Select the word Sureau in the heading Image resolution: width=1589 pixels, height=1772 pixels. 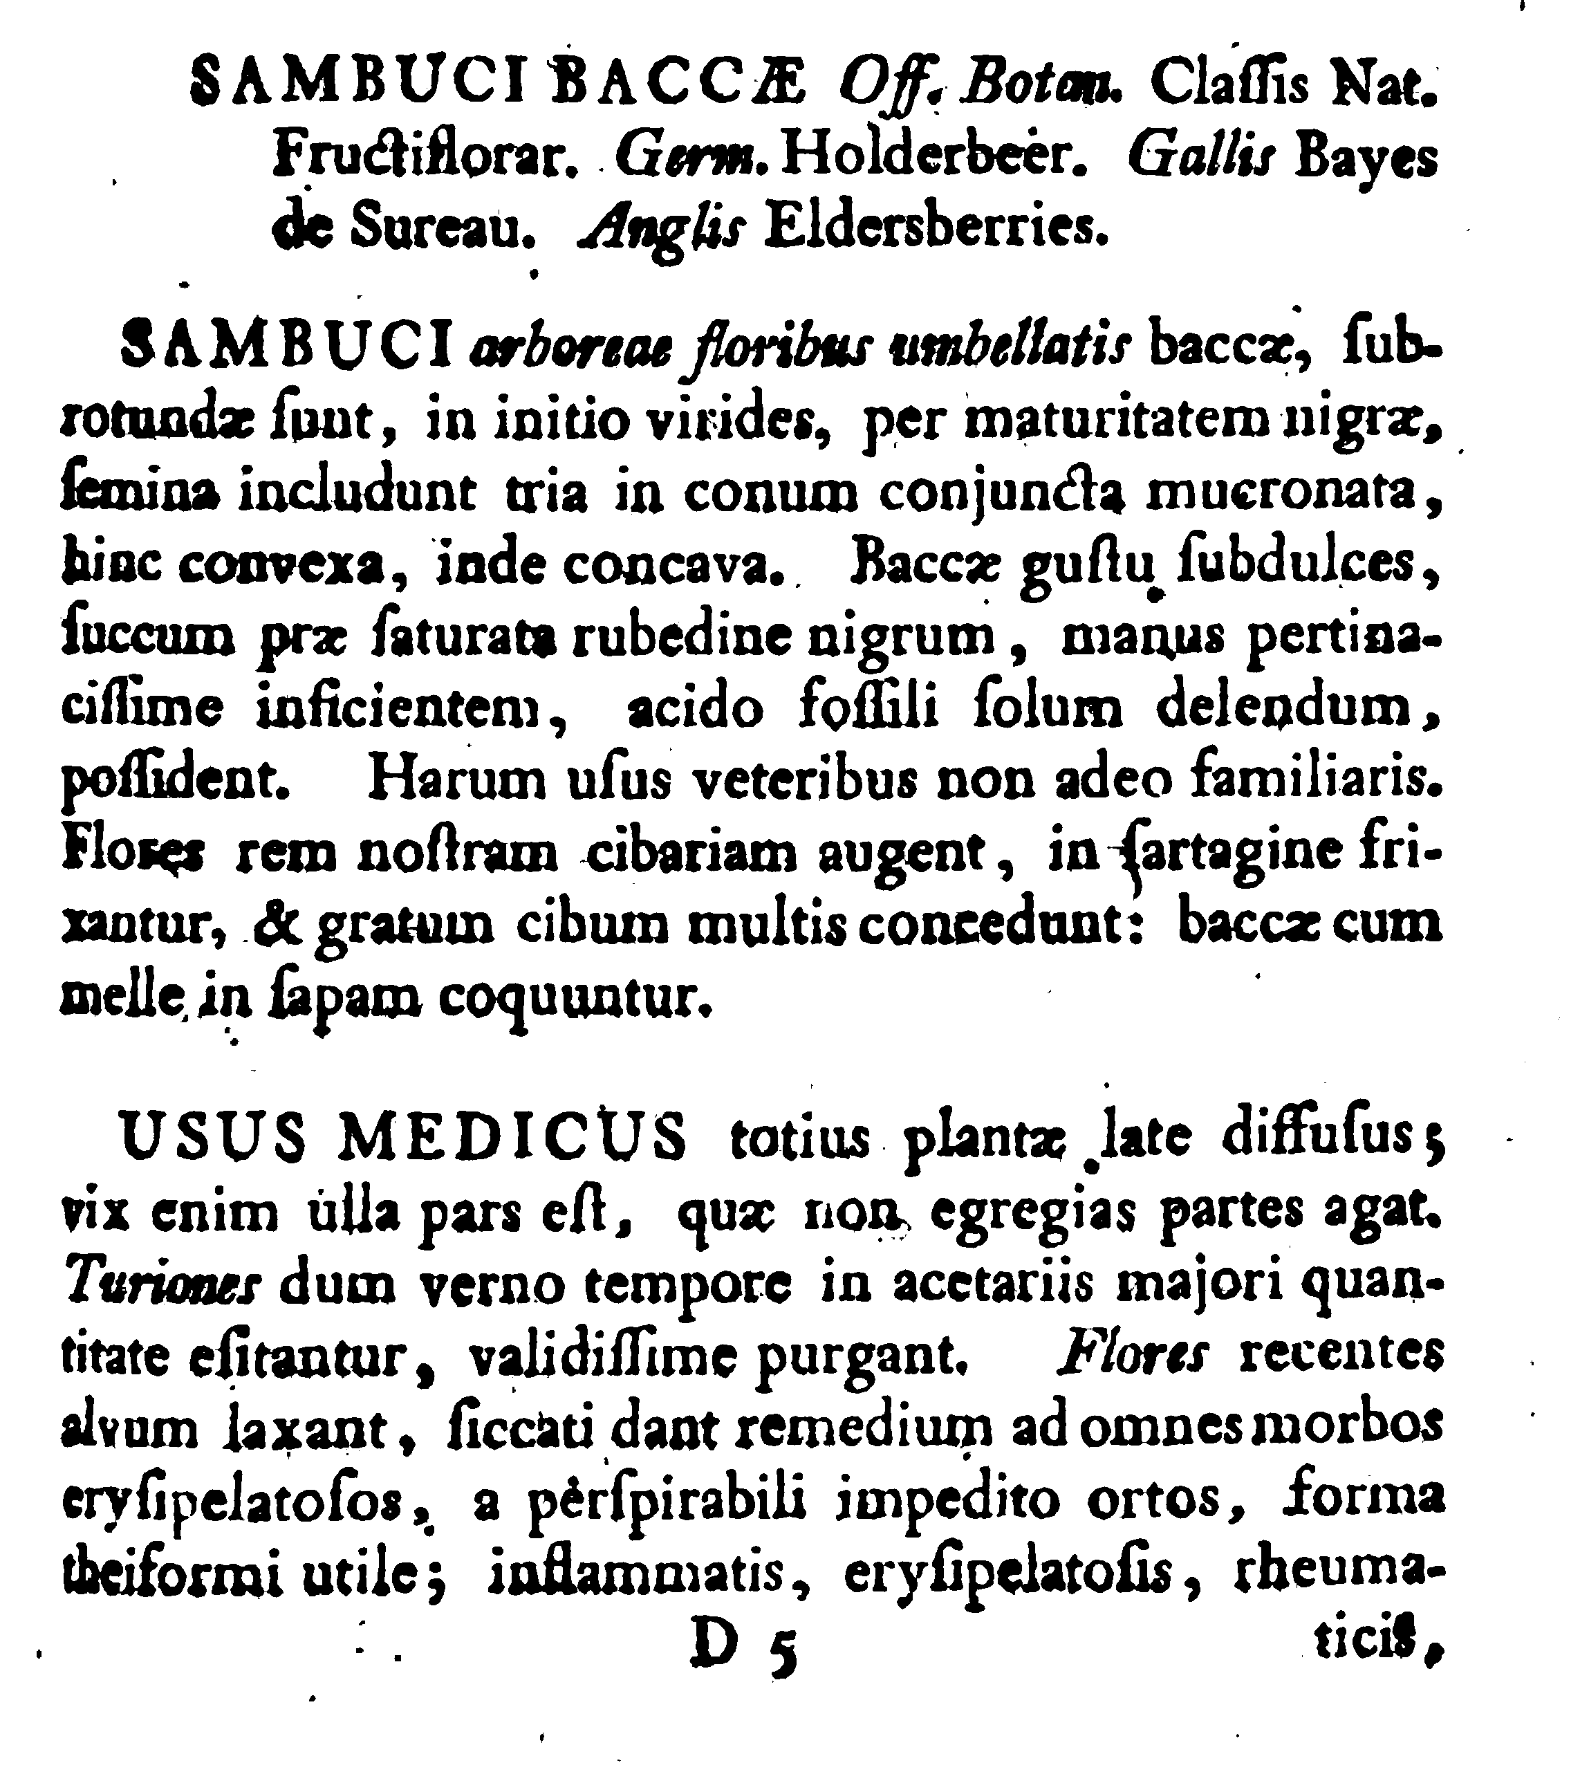(x=442, y=230)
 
